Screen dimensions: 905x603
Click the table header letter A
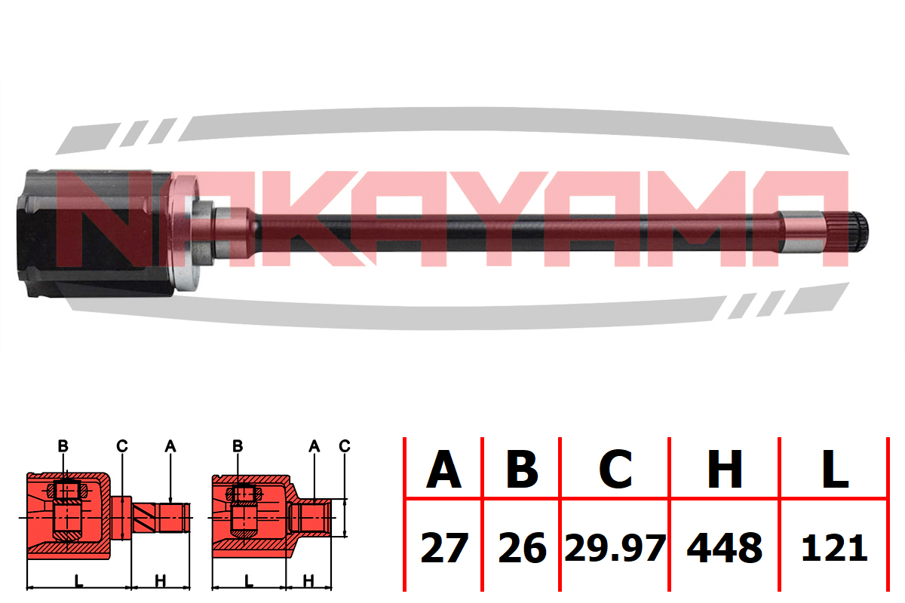[443, 470]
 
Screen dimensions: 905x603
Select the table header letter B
[522, 470]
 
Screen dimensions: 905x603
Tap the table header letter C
[615, 470]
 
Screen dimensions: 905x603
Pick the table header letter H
[725, 470]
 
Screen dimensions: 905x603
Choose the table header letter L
[835, 470]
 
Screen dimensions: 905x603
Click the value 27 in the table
[444, 548]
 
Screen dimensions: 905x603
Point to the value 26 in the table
[523, 548]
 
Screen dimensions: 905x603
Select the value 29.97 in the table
[615, 548]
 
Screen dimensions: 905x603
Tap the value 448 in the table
[725, 548]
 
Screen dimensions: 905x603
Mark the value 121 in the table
[835, 548]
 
